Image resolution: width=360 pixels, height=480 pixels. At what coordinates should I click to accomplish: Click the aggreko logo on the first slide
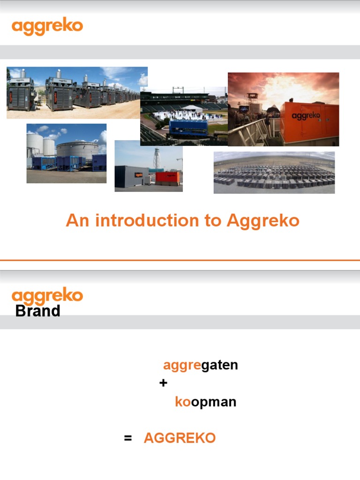tap(47, 27)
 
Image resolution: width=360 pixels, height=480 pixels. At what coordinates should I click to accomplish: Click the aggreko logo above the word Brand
tap(47, 296)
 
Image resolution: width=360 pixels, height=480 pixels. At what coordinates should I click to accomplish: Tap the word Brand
tap(37, 311)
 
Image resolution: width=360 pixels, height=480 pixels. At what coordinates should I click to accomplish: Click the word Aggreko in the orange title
tap(263, 220)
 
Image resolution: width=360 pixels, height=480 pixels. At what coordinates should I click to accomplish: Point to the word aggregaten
tap(201, 365)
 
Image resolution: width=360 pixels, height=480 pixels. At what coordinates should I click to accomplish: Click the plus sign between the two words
tap(163, 383)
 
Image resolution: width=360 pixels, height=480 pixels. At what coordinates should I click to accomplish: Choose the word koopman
tap(205, 402)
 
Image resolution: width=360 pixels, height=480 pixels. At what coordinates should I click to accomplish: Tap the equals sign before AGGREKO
tap(128, 438)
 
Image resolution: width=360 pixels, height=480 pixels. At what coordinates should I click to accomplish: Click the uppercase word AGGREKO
tap(180, 438)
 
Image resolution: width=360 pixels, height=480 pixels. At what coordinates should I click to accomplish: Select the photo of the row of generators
tap(77, 92)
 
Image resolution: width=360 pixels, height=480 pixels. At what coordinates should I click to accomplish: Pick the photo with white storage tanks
tap(66, 153)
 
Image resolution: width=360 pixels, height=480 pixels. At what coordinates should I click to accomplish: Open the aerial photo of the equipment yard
tap(274, 172)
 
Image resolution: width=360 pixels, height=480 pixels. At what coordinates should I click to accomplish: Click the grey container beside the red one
tap(132, 177)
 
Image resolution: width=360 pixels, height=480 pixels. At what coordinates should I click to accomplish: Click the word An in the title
tap(77, 220)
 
